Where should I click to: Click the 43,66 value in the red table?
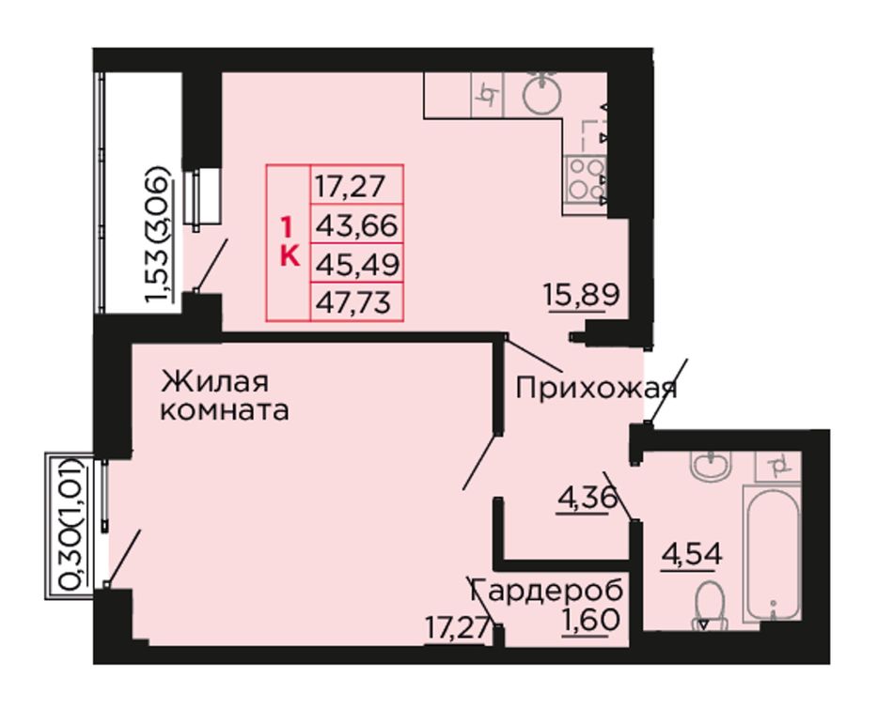pos(356,226)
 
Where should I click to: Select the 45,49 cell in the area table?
pos(357,264)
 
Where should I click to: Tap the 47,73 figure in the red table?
pos(353,301)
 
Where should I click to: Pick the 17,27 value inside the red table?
pos(351,187)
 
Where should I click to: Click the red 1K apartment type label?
pos(290,243)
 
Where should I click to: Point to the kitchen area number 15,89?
pos(582,296)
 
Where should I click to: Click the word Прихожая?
pos(596,389)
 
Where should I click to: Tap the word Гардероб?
pos(547,592)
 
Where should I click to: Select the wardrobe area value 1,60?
pos(590,620)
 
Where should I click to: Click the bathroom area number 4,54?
pos(692,553)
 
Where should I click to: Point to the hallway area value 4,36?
pos(587,499)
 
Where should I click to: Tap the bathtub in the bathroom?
pos(773,553)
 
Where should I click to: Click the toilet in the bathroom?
pos(709,605)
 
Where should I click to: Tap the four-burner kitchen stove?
pos(585,179)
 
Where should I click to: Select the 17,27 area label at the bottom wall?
pos(458,629)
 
